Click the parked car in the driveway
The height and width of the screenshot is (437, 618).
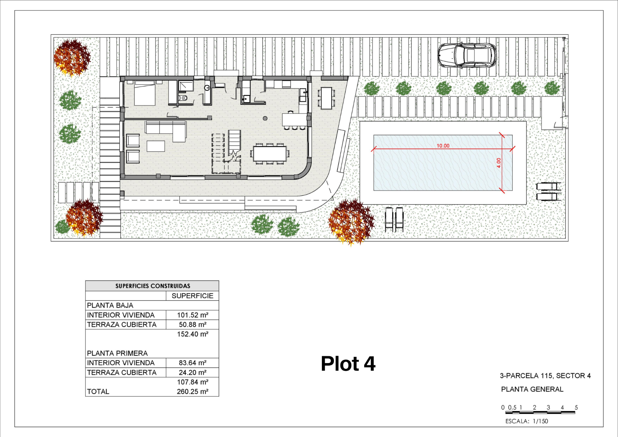pos(467,55)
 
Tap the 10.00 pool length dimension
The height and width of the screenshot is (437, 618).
pos(443,146)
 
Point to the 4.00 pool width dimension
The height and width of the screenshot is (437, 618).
pos(499,163)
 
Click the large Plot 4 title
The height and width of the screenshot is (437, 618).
pos(348,363)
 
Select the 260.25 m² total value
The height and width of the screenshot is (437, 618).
pos(192,391)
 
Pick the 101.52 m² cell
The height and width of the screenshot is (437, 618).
pos(192,315)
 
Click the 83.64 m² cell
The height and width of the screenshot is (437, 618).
pos(192,363)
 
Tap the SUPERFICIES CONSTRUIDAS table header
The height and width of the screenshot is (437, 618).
pos(153,286)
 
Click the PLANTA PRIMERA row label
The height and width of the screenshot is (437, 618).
pos(117,353)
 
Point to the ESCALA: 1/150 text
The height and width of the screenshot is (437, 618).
pos(527,421)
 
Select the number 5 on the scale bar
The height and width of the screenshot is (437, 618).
pos(576,407)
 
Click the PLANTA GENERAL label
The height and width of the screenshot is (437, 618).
pos(532,389)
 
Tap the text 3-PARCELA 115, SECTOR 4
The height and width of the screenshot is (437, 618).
pos(545,375)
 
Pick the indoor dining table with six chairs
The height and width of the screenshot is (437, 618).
pos(270,154)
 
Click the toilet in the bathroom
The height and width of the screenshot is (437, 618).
pos(183,98)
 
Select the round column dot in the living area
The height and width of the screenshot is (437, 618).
pos(265,118)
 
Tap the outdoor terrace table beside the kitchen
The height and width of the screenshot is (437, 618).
pos(326,98)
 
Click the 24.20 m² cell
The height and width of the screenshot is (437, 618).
pos(192,373)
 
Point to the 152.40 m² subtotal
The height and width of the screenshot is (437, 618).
pos(192,334)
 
